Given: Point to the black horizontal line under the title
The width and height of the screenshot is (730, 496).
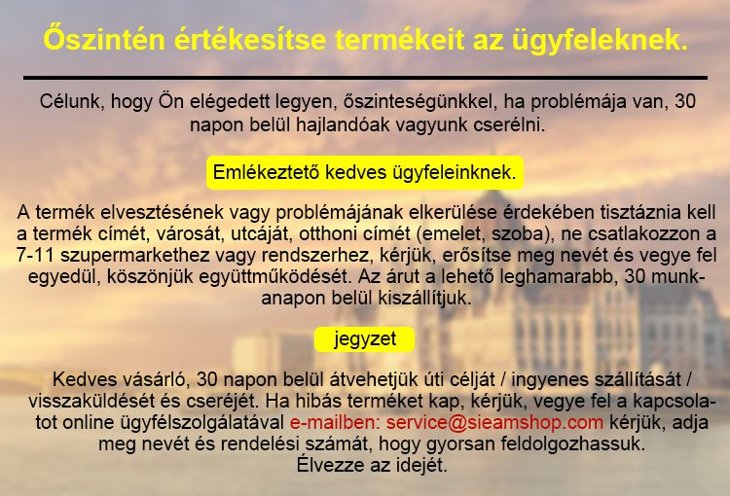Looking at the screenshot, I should coord(365,77).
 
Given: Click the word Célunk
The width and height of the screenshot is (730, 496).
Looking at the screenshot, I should coord(71,100).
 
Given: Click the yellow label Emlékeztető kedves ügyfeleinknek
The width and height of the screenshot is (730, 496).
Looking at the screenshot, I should coord(365,172).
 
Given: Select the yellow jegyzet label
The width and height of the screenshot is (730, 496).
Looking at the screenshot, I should coord(364,339).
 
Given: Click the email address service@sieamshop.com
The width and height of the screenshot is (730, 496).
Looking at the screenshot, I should coord(495,423).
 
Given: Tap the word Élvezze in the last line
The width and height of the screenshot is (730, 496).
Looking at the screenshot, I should coord(328,466).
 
